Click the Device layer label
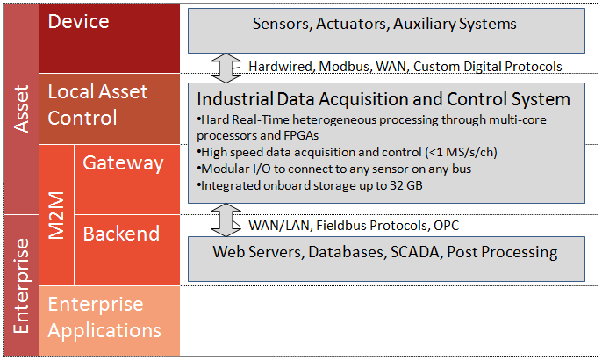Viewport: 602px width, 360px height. [x=78, y=22]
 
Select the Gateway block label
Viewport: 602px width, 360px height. [x=123, y=163]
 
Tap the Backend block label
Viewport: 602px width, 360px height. [x=121, y=234]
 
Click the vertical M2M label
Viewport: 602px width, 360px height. [x=56, y=215]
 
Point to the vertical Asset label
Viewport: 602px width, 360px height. [x=21, y=109]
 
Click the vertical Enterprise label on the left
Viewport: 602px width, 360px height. [x=21, y=286]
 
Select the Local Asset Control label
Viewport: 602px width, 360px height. [x=97, y=104]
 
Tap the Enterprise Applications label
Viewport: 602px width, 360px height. [x=104, y=317]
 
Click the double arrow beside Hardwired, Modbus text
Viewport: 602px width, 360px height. [x=226, y=68]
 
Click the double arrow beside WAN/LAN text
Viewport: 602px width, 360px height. [x=226, y=220]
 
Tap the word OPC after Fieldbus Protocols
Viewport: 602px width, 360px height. [x=446, y=225]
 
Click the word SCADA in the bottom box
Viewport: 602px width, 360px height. [x=414, y=252]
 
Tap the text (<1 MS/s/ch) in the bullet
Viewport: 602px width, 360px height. [x=461, y=152]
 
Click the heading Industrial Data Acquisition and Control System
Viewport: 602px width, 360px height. [x=383, y=99]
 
